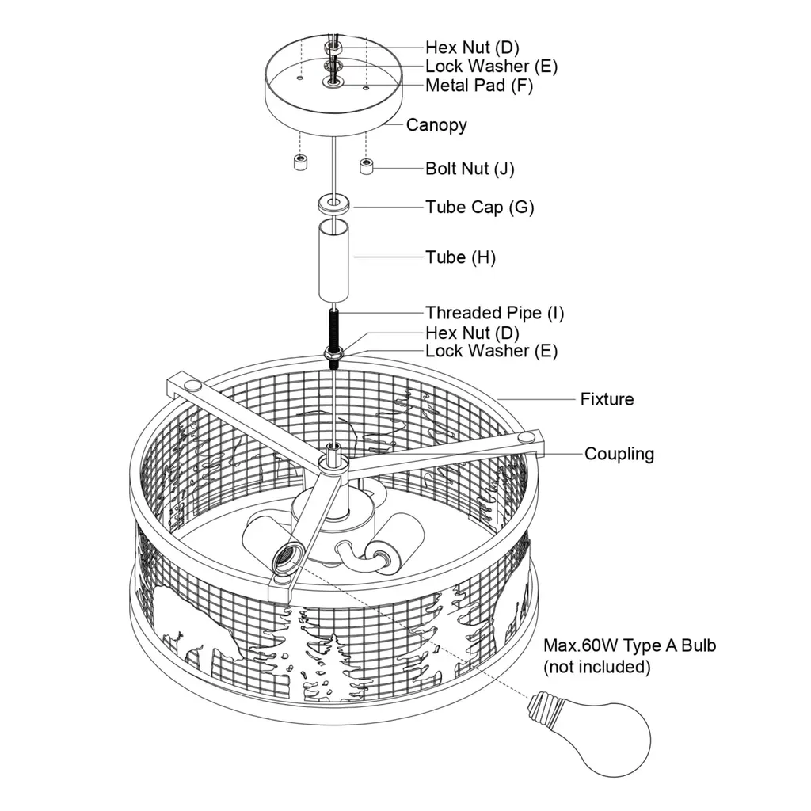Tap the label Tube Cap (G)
click(479, 208)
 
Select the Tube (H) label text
click(460, 257)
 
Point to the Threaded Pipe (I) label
click(494, 313)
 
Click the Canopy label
click(436, 125)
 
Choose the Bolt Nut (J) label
click(470, 169)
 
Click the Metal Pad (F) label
click(478, 86)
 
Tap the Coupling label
click(619, 454)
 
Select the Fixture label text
click(607, 399)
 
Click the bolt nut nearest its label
click(366, 167)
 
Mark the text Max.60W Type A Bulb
click(629, 645)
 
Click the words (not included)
click(596, 667)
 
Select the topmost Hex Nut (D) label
click(472, 48)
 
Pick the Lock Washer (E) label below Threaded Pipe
click(491, 351)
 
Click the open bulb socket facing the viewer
click(284, 559)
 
